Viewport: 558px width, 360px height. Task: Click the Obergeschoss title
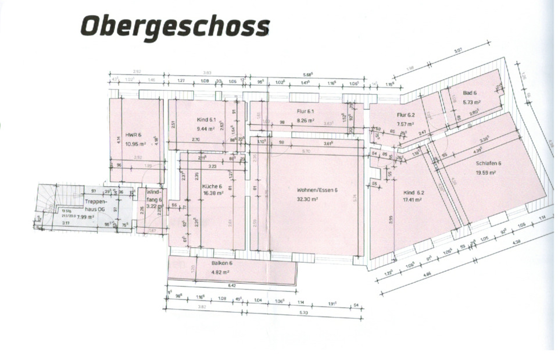click(175, 26)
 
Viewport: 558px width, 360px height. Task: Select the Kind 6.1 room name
click(206, 119)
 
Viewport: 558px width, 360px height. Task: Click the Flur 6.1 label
click(305, 112)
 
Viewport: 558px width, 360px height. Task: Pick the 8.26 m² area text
click(305, 120)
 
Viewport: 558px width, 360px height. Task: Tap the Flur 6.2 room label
click(405, 115)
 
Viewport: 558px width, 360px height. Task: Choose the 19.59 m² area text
click(485, 173)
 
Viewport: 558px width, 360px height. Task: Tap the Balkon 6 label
click(221, 263)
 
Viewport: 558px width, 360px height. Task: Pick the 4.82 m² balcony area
click(221, 272)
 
